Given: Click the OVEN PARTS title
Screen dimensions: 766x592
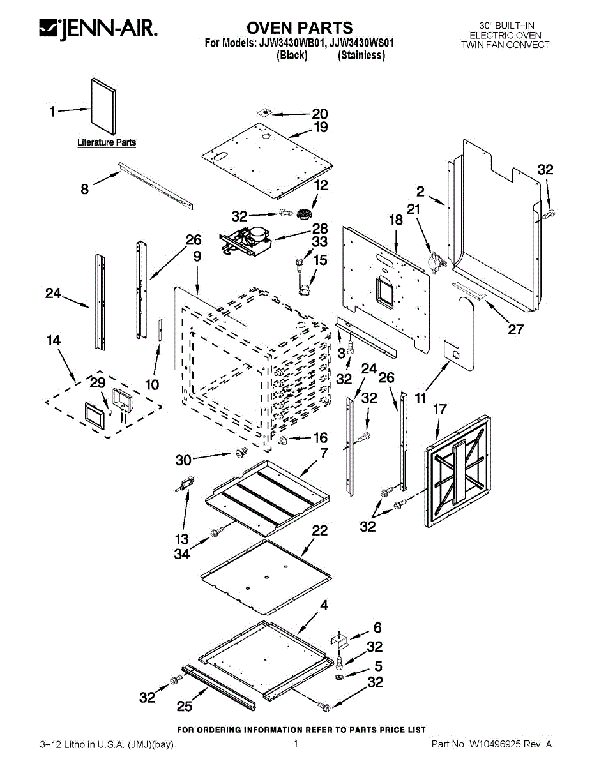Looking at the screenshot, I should pyautogui.click(x=299, y=27).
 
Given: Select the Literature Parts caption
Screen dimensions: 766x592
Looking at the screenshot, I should pyautogui.click(x=107, y=142).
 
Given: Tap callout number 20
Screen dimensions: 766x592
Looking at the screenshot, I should pyautogui.click(x=319, y=114).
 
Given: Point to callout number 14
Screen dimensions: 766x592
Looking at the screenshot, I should pyautogui.click(x=54, y=341).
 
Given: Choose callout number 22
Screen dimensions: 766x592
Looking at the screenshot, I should pyautogui.click(x=319, y=530).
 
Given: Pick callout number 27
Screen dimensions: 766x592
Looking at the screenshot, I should pyautogui.click(x=515, y=329).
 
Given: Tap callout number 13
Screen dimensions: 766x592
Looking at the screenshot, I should pyautogui.click(x=182, y=539).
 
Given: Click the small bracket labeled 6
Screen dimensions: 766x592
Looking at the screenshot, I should pyautogui.click(x=339, y=637).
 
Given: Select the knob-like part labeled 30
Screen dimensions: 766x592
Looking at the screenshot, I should pyautogui.click(x=242, y=453).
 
